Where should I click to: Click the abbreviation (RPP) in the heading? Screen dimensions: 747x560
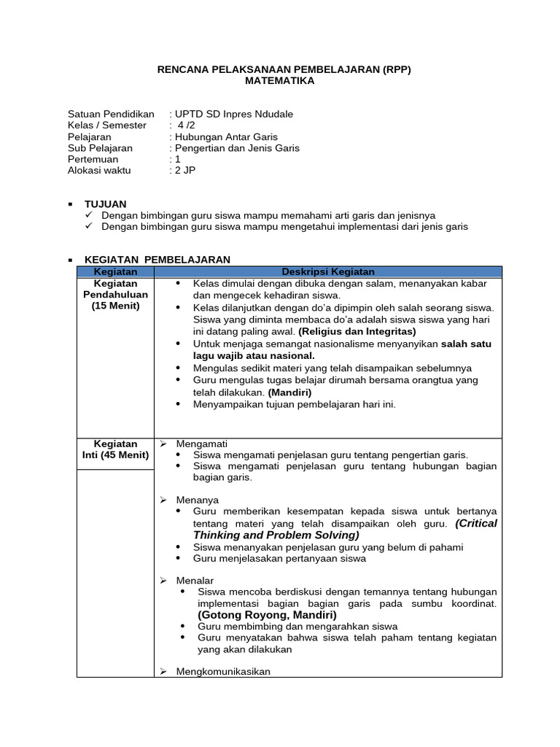tap(397, 69)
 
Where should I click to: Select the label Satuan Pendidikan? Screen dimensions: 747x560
tap(111, 114)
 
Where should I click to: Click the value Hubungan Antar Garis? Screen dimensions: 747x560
tap(226, 136)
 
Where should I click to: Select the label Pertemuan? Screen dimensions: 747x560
tap(93, 158)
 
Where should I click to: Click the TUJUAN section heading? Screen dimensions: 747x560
tap(105, 204)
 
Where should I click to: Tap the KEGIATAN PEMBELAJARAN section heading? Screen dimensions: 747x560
tap(157, 260)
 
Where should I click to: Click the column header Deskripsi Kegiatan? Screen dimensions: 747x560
tap(328, 271)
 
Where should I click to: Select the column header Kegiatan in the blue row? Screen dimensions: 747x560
tap(115, 271)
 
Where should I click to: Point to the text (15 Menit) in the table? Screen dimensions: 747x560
tap(115, 306)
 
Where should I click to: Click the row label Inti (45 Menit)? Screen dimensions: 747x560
tap(115, 454)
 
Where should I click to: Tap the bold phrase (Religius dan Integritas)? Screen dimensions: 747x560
tap(357, 330)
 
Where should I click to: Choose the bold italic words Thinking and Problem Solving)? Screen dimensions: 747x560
tap(276, 535)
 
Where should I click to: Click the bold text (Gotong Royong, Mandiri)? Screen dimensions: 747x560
tap(268, 614)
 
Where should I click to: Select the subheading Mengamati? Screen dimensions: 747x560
tap(202, 443)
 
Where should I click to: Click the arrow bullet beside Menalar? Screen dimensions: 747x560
tap(164, 580)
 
